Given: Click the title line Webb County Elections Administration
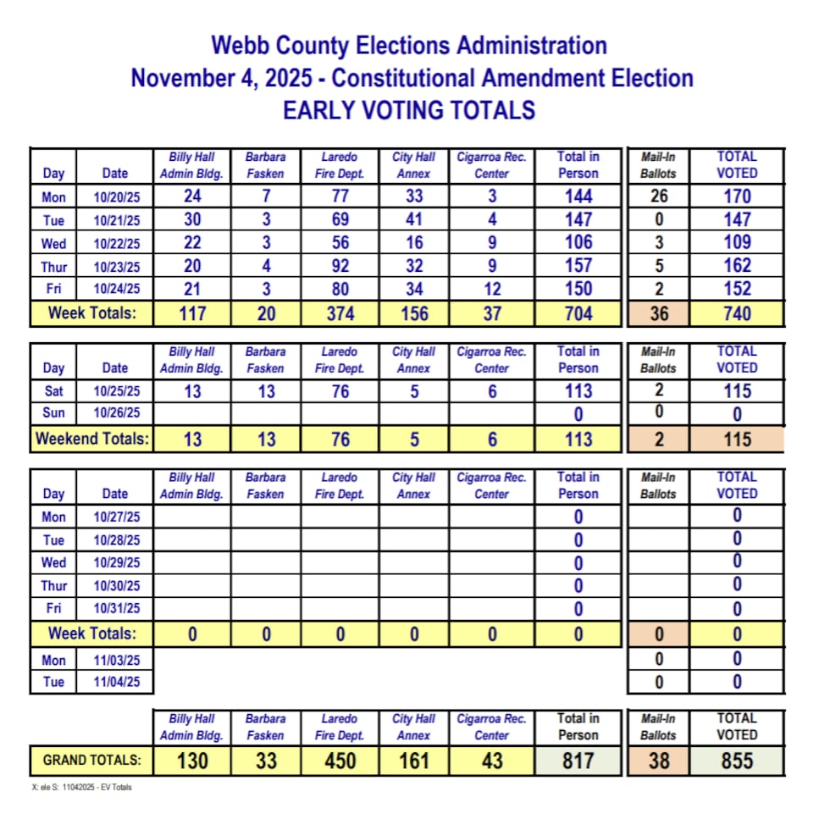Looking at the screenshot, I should (x=409, y=45).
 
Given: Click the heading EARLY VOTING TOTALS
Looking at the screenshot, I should (x=409, y=110).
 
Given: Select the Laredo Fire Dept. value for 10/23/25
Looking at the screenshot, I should (x=340, y=266).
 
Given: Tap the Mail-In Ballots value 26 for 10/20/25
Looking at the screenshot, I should (x=658, y=196).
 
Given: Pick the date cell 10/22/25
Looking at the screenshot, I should (x=115, y=243).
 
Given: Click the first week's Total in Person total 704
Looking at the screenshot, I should (x=578, y=313).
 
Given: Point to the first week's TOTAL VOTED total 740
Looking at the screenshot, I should (x=737, y=313).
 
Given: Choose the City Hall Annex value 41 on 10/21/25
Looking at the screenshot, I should (x=413, y=219).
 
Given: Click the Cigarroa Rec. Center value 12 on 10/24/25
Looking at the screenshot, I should (x=491, y=289).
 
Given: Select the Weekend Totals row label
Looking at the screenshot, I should (x=91, y=439).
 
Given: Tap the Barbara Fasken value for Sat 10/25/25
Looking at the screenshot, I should (x=266, y=391).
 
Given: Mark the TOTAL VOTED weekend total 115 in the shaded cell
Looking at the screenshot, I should (x=737, y=439).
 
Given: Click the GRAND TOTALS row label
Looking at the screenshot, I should (x=92, y=761).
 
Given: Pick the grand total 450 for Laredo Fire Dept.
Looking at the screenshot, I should (x=340, y=761).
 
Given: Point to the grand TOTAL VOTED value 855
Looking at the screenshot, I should (x=737, y=761).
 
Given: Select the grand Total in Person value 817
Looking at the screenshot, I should (x=578, y=761).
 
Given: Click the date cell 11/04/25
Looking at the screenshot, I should (x=115, y=681).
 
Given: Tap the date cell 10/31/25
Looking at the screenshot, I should (x=115, y=609).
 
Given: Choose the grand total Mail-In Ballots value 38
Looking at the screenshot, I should (x=658, y=761).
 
